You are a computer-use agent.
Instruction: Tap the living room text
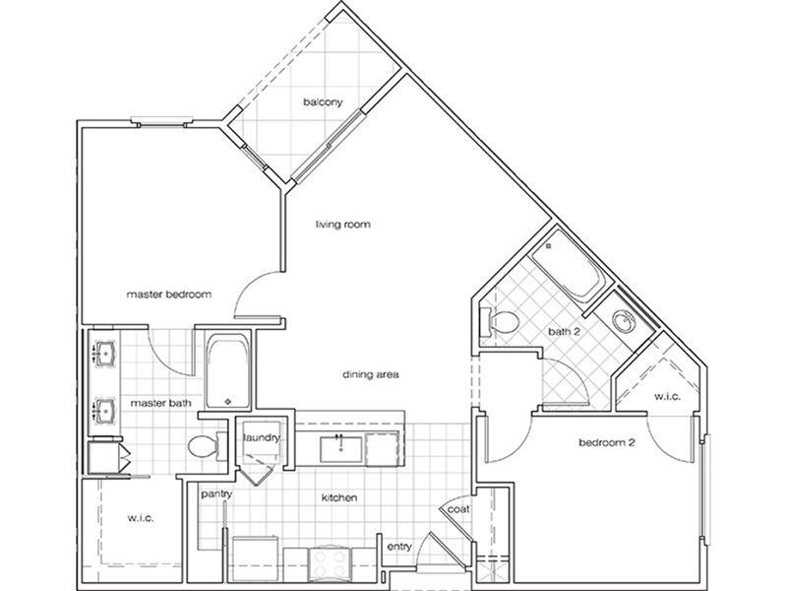click(342, 225)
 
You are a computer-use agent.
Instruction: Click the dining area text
click(369, 374)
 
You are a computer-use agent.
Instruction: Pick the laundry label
click(263, 437)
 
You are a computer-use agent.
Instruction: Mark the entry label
click(398, 545)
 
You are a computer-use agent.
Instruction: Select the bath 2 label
click(563, 332)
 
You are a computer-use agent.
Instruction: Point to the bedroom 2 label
click(605, 443)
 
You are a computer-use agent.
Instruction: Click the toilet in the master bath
click(203, 447)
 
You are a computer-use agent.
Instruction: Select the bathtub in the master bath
click(228, 370)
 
